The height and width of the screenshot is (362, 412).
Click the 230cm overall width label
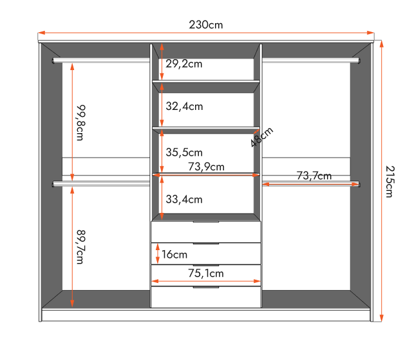coord(206,25)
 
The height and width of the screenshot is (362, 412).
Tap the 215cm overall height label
coord(390,181)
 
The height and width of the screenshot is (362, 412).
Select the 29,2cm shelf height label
coord(184,64)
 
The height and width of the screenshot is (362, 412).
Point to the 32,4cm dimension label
coord(184,106)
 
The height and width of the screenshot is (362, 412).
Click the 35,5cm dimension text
coord(184,152)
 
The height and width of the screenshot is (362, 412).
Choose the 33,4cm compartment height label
coord(184,199)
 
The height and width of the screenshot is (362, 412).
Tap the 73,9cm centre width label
coord(206,167)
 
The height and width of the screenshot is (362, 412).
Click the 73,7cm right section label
coord(314,176)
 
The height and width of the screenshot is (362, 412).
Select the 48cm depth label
coord(262,137)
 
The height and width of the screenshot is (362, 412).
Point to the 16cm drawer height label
coord(174,255)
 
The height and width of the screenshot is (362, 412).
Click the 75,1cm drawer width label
coord(206,273)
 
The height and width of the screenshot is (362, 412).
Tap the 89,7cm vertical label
coord(80,247)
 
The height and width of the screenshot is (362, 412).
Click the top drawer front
coord(206,232)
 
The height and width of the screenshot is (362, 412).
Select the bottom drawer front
coord(206,297)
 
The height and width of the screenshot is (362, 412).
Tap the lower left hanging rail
coord(101,185)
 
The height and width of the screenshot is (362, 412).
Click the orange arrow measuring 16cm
coord(156,254)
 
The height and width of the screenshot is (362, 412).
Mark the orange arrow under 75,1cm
coord(206,282)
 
